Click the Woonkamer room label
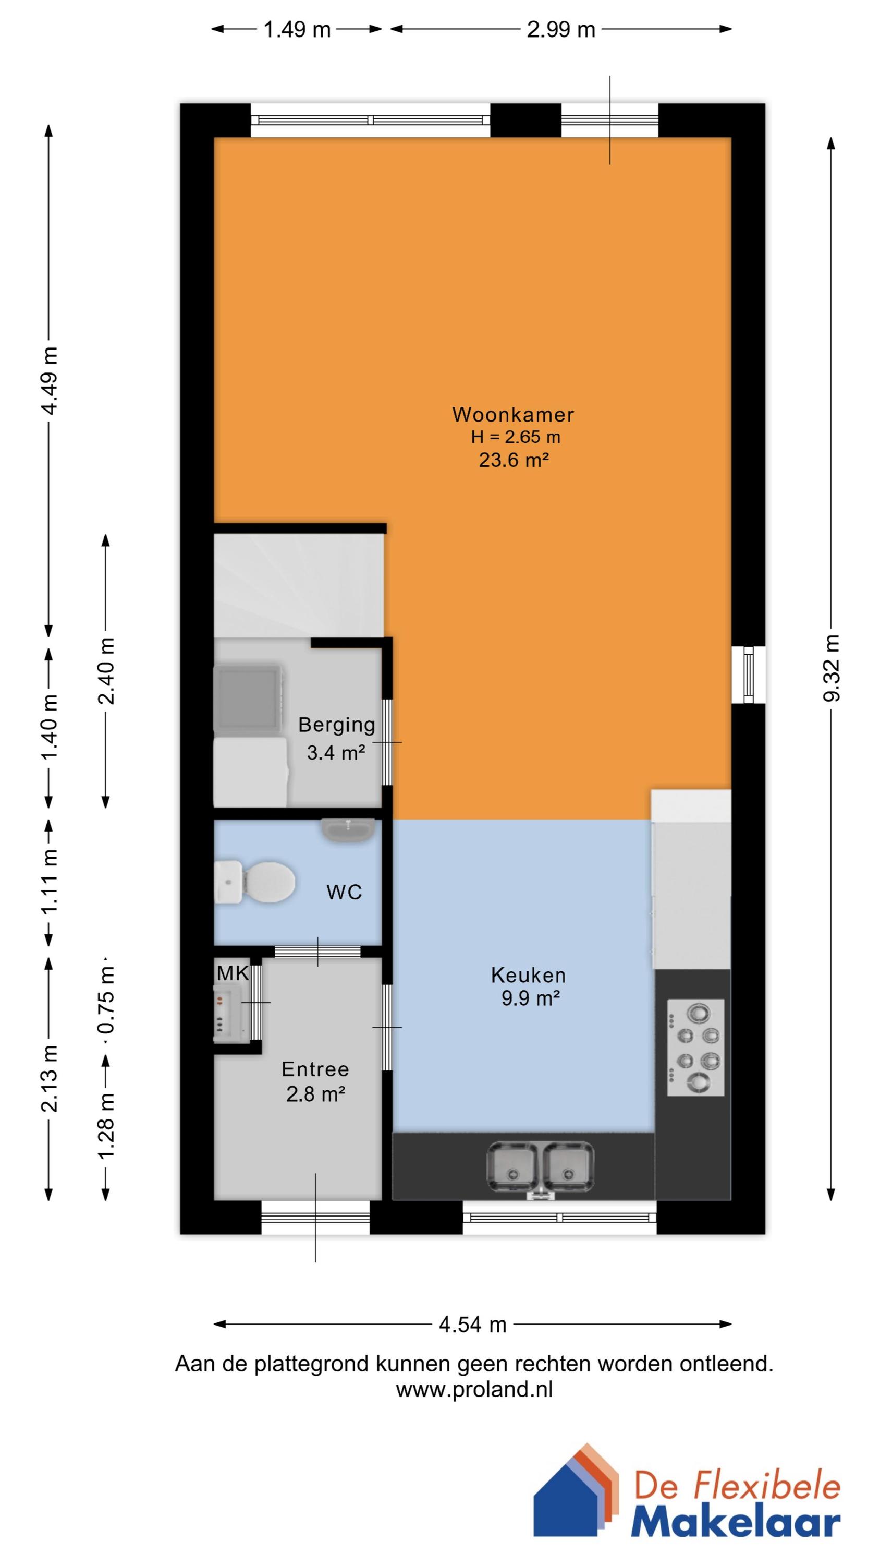pos(512,414)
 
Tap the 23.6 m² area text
pos(514,460)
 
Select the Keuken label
pos(528,975)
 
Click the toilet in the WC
pos(258,882)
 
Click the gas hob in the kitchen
pos(695,1048)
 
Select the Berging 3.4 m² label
pos(336,738)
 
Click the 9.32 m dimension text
pos(832,668)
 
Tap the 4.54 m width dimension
pos(472,1325)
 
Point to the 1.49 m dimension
pos(297,29)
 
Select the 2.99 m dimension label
pos(560,29)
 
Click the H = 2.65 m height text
pos(515,437)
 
